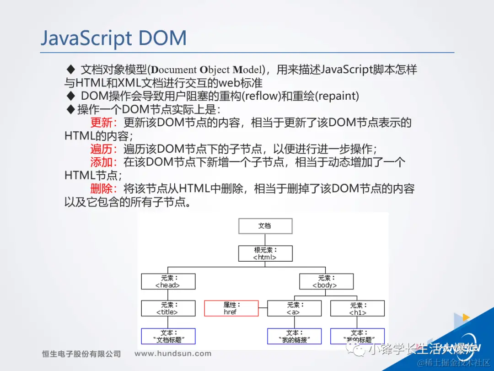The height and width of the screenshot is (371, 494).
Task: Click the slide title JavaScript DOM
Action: pyautogui.click(x=113, y=38)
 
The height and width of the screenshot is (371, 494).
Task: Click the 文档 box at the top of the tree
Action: pyautogui.click(x=265, y=226)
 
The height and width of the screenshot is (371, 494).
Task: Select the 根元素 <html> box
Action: pyautogui.click(x=265, y=253)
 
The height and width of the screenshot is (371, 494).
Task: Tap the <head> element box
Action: pyautogui.click(x=168, y=281)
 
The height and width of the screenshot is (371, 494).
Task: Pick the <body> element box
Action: pyautogui.click(x=326, y=281)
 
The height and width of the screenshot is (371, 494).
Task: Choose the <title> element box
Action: pyautogui.click(x=168, y=308)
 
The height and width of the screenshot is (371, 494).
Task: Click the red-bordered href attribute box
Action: pyautogui.click(x=231, y=308)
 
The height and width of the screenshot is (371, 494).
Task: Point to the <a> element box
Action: pyautogui.click(x=294, y=308)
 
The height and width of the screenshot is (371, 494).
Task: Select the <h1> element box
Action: pyautogui.click(x=357, y=308)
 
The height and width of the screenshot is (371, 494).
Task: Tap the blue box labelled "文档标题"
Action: pyautogui.click(x=168, y=336)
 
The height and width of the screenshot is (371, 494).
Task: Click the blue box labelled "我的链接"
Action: pyautogui.click(x=294, y=336)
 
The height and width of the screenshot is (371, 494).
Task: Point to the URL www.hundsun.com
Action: pyautogui.click(x=173, y=353)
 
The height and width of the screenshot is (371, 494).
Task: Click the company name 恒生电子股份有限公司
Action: pyautogui.click(x=81, y=354)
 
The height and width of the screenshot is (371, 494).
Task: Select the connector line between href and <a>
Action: pyautogui.click(x=263, y=309)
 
